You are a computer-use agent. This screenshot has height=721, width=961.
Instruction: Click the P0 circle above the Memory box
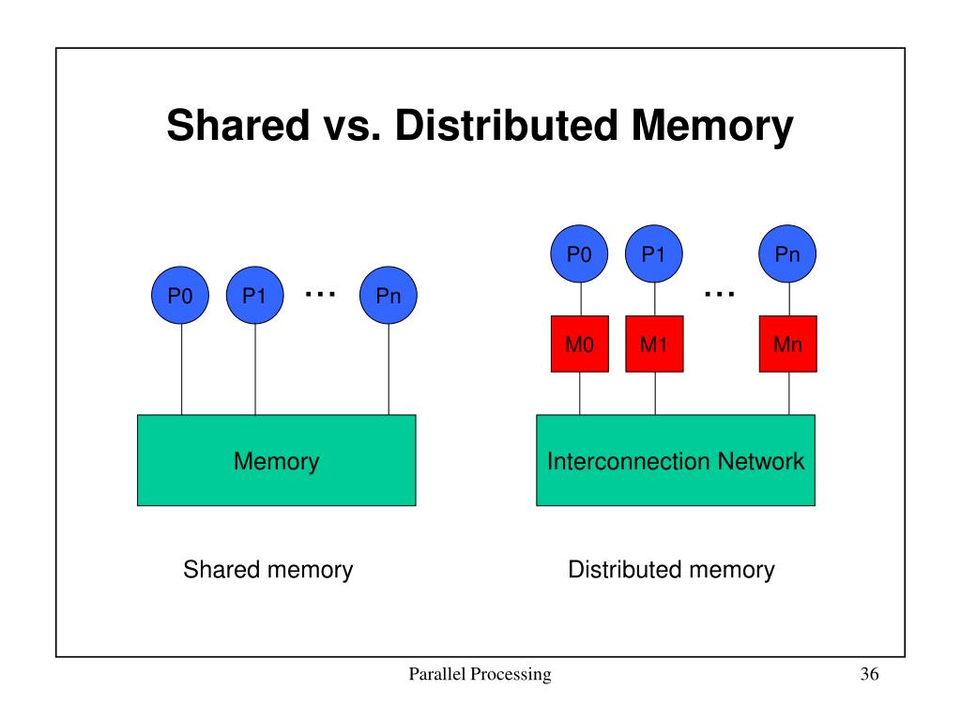pyautogui.click(x=181, y=297)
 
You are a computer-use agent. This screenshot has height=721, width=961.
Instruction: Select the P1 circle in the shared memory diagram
pyautogui.click(x=254, y=297)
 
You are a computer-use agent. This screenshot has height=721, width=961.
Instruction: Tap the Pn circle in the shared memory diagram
pyautogui.click(x=389, y=297)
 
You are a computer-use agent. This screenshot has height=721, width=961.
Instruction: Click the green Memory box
pyautogui.click(x=276, y=461)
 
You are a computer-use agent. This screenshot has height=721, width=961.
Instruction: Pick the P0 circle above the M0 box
pyautogui.click(x=579, y=253)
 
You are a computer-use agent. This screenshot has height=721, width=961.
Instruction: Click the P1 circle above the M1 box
pyautogui.click(x=654, y=253)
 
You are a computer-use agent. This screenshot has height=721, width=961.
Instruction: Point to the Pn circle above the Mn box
pyautogui.click(x=787, y=253)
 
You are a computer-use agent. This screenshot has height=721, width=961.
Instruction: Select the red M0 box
pyautogui.click(x=579, y=345)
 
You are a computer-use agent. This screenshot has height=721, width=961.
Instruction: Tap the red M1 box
pyautogui.click(x=654, y=345)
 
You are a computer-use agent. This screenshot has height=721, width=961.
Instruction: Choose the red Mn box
pyautogui.click(x=787, y=345)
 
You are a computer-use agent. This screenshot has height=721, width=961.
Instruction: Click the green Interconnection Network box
pyautogui.click(x=676, y=461)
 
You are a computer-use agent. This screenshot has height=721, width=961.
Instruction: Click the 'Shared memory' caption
pyautogui.click(x=267, y=569)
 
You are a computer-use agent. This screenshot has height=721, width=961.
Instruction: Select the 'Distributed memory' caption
pyautogui.click(x=671, y=569)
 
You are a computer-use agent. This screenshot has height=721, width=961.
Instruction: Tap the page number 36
pyautogui.click(x=867, y=675)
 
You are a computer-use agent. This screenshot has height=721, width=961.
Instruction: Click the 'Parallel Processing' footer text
pyautogui.click(x=480, y=675)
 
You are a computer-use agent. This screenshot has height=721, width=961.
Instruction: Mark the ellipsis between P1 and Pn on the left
pyautogui.click(x=320, y=294)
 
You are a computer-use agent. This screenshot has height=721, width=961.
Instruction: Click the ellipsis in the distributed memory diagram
pyautogui.click(x=719, y=294)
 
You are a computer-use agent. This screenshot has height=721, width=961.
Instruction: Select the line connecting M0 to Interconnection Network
pyautogui.click(x=579, y=392)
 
